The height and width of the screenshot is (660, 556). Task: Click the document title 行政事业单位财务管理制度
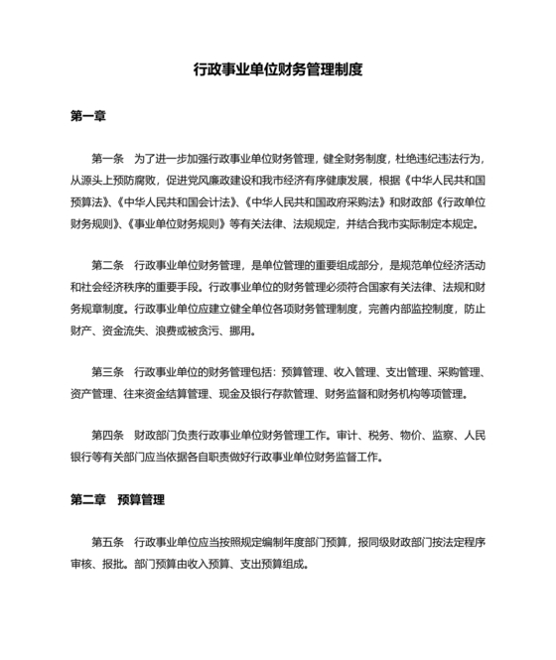click(x=278, y=70)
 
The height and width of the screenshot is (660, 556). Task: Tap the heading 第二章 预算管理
click(x=117, y=498)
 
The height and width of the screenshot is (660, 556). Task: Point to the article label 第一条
click(x=107, y=159)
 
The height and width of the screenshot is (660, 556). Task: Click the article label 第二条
click(x=107, y=265)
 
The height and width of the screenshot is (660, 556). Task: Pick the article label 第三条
click(x=107, y=372)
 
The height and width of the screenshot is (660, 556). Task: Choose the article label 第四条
click(x=107, y=436)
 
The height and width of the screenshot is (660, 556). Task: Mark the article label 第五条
click(x=107, y=542)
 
